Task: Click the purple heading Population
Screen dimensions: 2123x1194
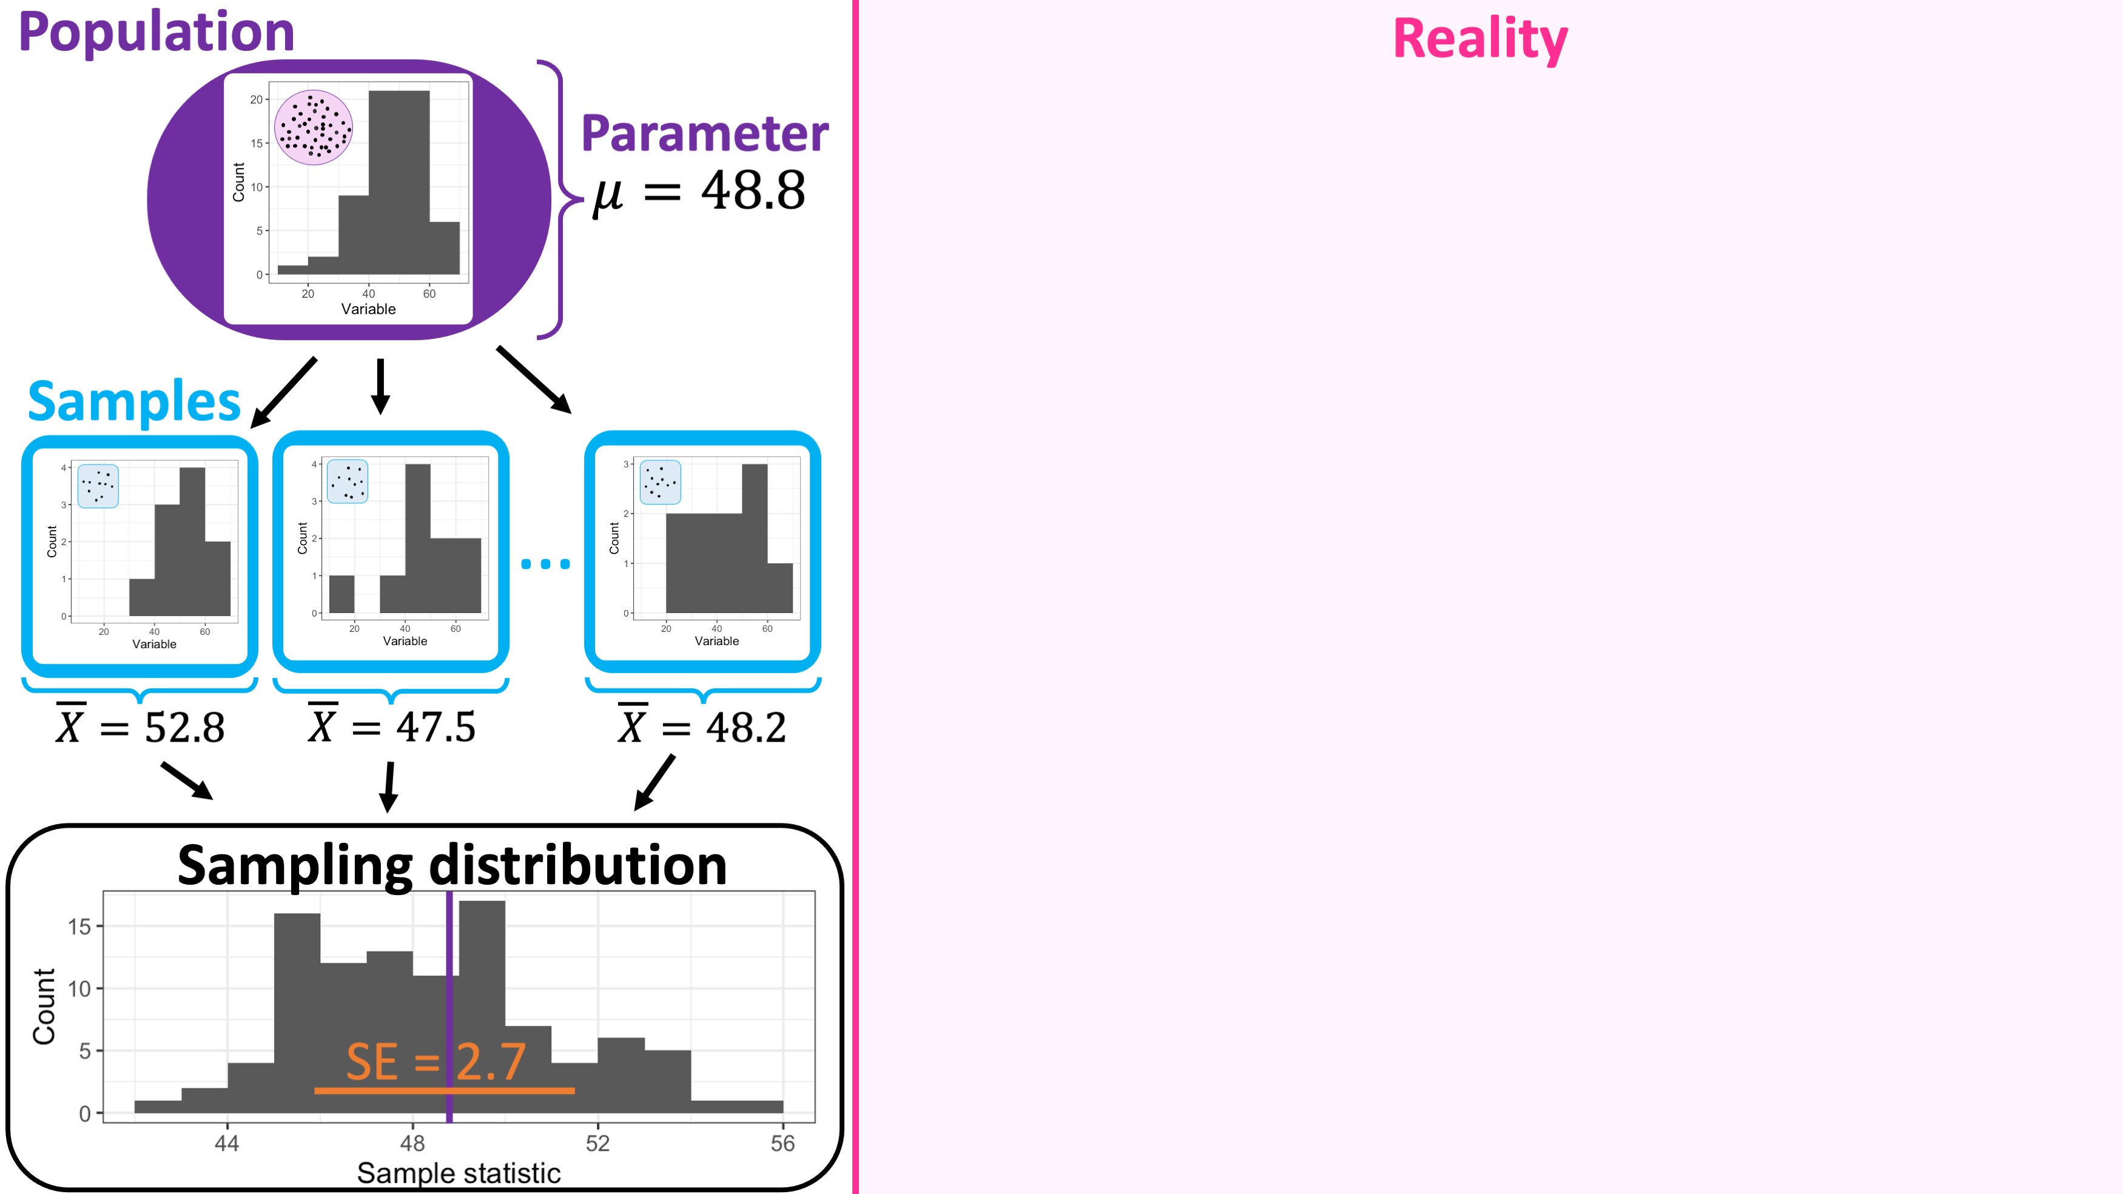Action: [156, 33]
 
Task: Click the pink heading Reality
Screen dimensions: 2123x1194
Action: [1480, 39]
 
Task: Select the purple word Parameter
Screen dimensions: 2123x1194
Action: [705, 133]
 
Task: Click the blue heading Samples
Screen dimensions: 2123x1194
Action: [134, 401]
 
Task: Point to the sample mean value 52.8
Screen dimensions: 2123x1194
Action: [184, 728]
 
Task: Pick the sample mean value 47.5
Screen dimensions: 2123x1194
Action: [436, 728]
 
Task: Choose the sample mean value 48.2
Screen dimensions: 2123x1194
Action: [746, 728]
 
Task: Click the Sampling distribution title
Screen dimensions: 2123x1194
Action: [453, 865]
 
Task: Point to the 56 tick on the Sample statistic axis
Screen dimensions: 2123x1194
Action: [783, 1143]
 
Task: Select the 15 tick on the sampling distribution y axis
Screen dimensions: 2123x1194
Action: [79, 926]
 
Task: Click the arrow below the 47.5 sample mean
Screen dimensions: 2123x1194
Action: [389, 787]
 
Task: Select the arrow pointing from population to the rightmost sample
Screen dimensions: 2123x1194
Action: [534, 380]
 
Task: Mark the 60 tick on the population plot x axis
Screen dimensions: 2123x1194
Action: [429, 293]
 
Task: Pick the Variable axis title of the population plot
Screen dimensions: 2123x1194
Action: [368, 309]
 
